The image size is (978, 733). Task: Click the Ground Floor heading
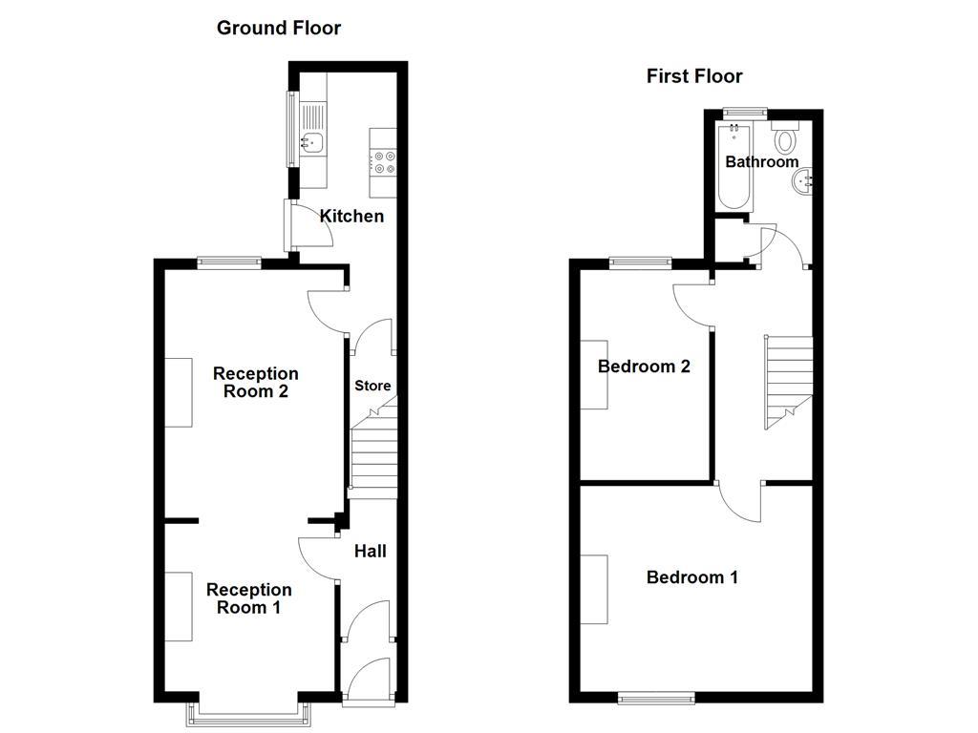point(278,28)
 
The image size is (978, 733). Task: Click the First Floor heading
point(693,76)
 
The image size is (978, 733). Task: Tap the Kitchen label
point(351,217)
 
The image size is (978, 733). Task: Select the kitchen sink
point(311,143)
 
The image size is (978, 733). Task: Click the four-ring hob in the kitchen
point(385,162)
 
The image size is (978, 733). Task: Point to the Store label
point(372,387)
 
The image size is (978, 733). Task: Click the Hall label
point(371,551)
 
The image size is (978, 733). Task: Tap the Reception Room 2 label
point(255,382)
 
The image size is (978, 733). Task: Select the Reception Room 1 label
point(248,598)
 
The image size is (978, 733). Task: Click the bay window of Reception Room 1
point(248,708)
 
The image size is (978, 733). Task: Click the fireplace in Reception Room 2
point(178,392)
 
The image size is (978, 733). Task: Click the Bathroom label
point(761,162)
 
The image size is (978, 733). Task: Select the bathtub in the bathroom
point(734,167)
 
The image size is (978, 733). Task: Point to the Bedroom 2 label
point(644,366)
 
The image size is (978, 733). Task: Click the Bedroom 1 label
point(691,577)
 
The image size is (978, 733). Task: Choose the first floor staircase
point(788,382)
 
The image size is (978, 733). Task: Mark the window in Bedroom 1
point(657,699)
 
